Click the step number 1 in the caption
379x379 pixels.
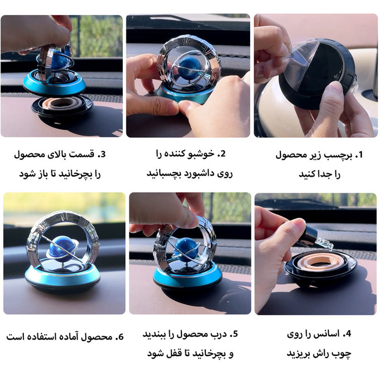[x=359, y=155]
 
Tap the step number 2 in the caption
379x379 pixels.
[x=222, y=154]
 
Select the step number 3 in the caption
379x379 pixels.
[x=102, y=154]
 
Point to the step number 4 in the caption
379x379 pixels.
[x=347, y=334]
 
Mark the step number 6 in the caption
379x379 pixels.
[x=120, y=337]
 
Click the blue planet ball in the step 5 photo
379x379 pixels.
[x=184, y=247]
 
